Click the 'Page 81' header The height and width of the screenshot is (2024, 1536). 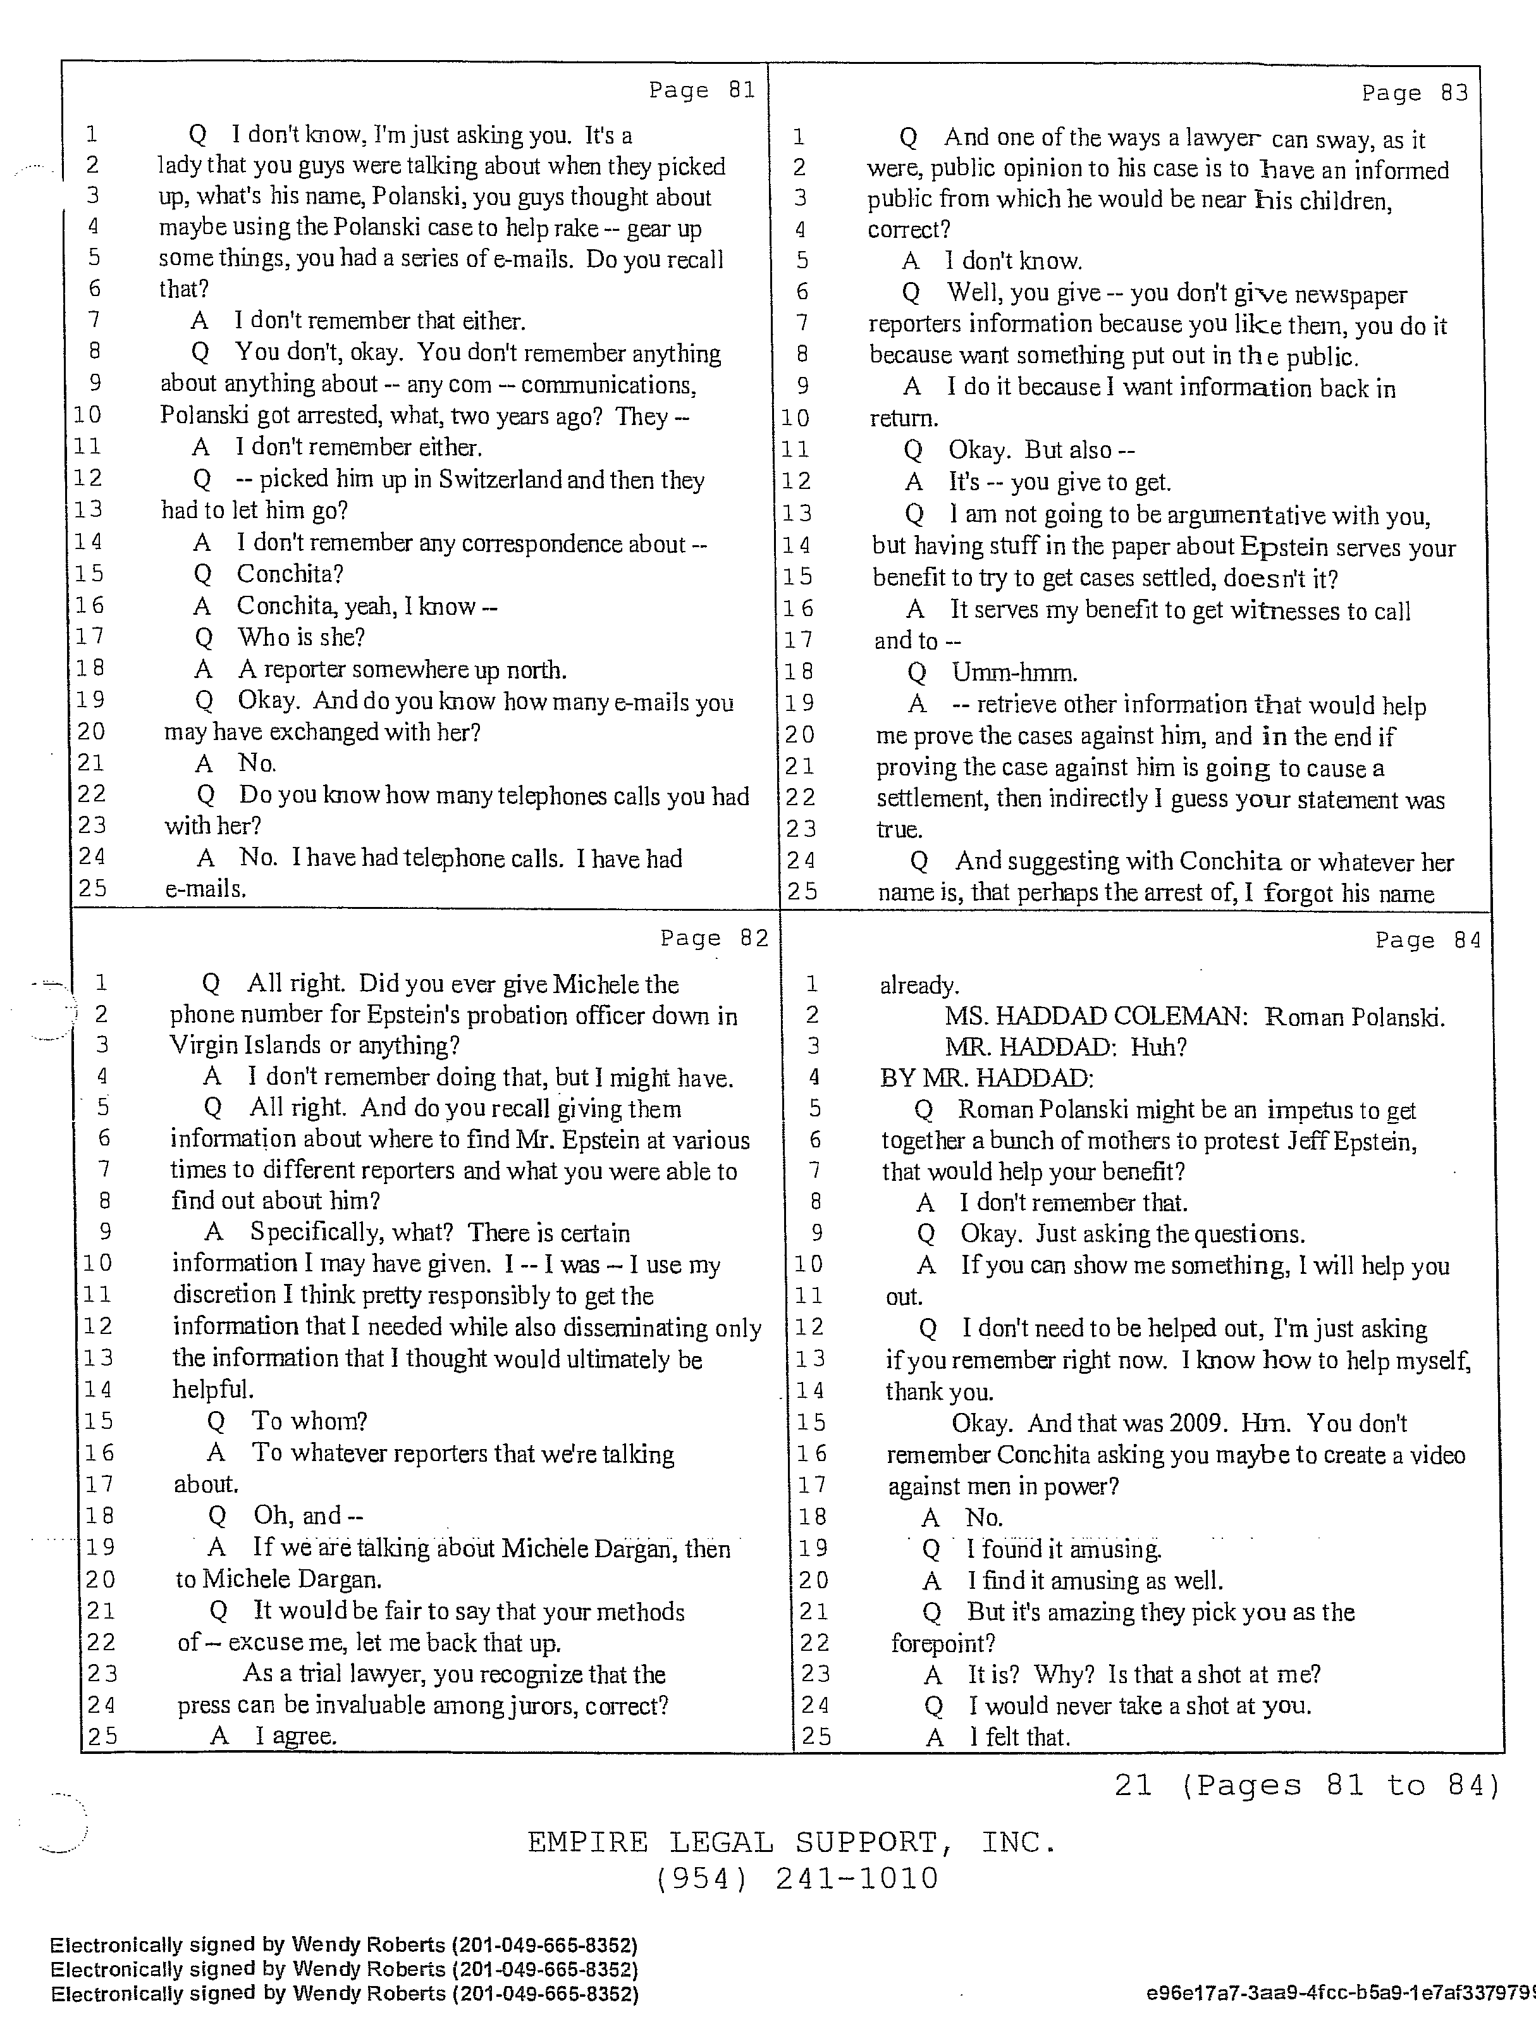702,90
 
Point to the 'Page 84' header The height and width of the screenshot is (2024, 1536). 1427,941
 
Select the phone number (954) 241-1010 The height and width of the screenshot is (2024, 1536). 797,1879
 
